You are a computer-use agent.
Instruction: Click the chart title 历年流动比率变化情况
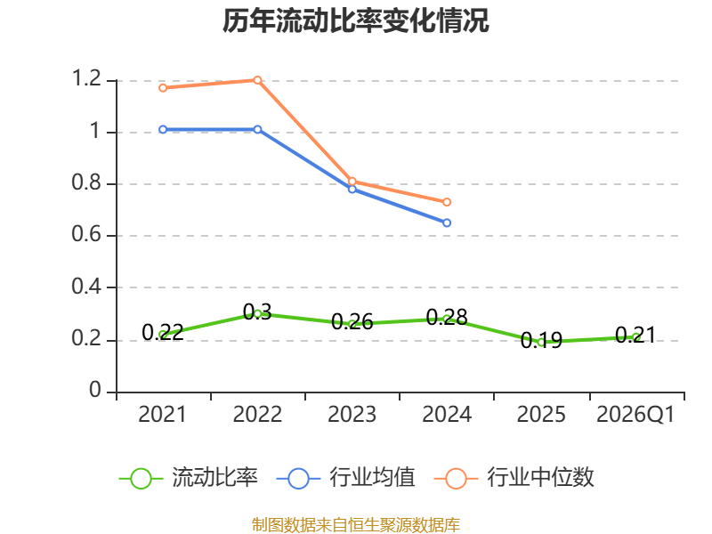(355, 20)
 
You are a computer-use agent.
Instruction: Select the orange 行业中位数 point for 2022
(257, 80)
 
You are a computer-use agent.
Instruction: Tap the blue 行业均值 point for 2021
(163, 129)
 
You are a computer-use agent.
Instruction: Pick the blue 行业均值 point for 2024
(447, 222)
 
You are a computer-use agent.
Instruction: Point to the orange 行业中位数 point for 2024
(447, 202)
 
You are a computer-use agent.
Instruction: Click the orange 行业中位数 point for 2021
(163, 87)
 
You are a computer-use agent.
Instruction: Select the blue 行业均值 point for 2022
(257, 129)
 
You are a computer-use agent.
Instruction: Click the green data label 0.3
(257, 312)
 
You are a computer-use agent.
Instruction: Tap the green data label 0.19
(541, 340)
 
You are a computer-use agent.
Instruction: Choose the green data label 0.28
(447, 317)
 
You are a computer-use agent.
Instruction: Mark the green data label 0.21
(635, 336)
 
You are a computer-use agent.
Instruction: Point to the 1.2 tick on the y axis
(86, 78)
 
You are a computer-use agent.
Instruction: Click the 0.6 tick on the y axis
(86, 234)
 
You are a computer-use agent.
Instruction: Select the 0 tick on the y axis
(95, 390)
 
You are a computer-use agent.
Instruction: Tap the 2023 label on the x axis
(352, 415)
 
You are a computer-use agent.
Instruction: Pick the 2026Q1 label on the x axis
(635, 415)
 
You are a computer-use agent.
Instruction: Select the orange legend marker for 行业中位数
(456, 479)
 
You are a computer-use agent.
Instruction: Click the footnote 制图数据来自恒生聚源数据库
(355, 525)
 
